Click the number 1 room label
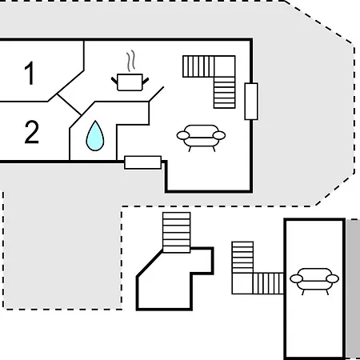pyautogui.click(x=30, y=73)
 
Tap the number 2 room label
pyautogui.click(x=32, y=132)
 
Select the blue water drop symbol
pyautogui.click(x=95, y=136)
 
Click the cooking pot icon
pyautogui.click(x=130, y=82)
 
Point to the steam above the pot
pyautogui.click(x=130, y=62)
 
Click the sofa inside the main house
pyautogui.click(x=201, y=138)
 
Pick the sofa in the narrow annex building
pyautogui.click(x=314, y=281)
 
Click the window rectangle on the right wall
pyautogui.click(x=251, y=102)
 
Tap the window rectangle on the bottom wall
pyautogui.click(x=143, y=162)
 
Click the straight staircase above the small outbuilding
pyautogui.click(x=177, y=232)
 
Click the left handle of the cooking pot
pyautogui.click(x=114, y=80)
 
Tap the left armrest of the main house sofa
pyautogui.click(x=183, y=135)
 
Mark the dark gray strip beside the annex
pyautogui.click(x=353, y=289)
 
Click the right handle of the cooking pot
pyautogui.click(x=146, y=81)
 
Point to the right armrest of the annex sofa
pyautogui.click(x=332, y=278)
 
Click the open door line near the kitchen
pyautogui.click(x=156, y=94)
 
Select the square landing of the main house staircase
pyautogui.click(x=225, y=66)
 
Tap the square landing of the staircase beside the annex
pyautogui.click(x=242, y=283)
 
